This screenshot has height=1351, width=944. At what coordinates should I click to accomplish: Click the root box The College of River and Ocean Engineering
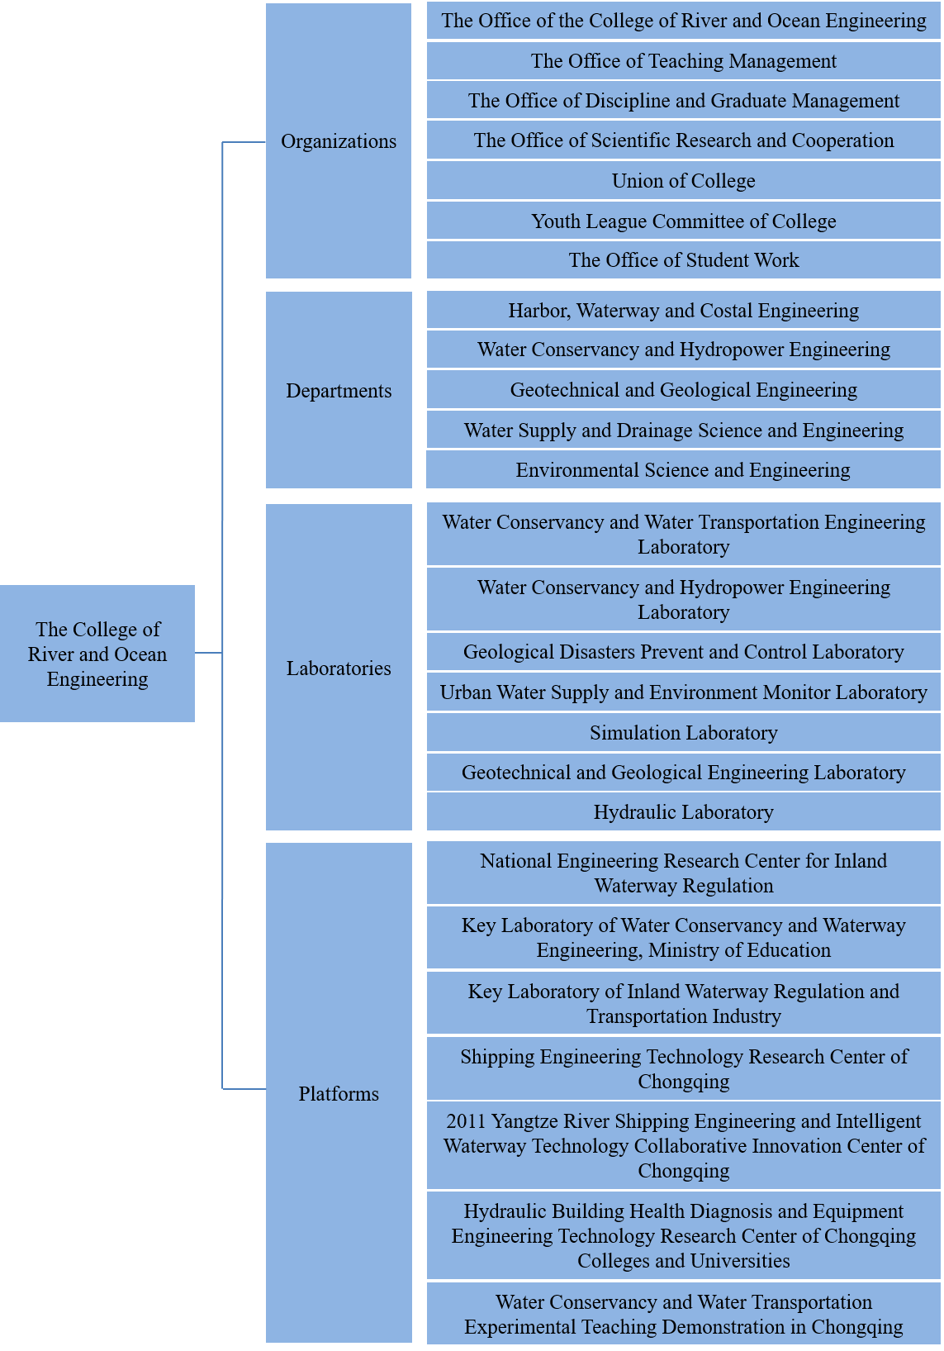(x=97, y=653)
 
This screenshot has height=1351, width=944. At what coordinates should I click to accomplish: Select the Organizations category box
(x=338, y=140)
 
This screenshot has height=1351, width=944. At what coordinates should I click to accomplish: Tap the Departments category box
(x=339, y=390)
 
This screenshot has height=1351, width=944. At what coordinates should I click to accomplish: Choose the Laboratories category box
(x=339, y=667)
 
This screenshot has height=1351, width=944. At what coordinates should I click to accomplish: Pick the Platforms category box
(x=339, y=1093)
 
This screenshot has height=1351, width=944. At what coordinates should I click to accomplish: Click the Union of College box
(x=684, y=180)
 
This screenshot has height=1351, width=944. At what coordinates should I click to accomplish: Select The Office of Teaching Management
(x=684, y=60)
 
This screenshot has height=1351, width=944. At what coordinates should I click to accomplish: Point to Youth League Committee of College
(x=684, y=221)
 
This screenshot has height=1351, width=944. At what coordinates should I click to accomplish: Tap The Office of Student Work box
(x=684, y=260)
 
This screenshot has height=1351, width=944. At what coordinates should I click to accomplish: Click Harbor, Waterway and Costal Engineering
(x=684, y=310)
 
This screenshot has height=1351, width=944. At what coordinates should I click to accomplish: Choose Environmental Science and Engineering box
(x=683, y=470)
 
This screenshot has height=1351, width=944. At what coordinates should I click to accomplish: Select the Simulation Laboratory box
(x=684, y=732)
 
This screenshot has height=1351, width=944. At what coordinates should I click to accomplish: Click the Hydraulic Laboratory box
(x=684, y=811)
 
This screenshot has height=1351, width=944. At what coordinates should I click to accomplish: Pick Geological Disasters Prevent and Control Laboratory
(x=684, y=651)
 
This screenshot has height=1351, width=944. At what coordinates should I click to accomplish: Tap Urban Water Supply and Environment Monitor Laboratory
(x=684, y=692)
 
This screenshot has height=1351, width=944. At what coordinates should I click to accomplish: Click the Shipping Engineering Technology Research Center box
(x=684, y=1068)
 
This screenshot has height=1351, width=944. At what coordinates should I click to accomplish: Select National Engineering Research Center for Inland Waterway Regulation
(x=684, y=873)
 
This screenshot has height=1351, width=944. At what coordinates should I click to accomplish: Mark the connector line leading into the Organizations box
(x=244, y=142)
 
